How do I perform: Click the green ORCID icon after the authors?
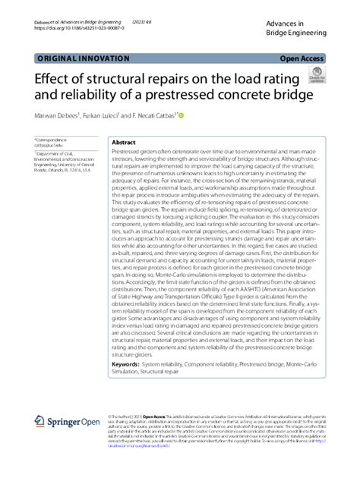[x=181, y=115]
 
